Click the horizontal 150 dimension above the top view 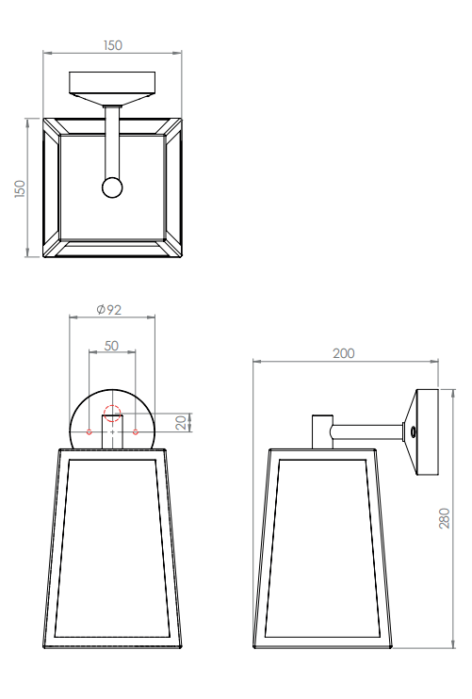tap(112, 45)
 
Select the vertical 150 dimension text tap(20, 188)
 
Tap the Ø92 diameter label tap(110, 309)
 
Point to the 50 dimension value tap(111, 346)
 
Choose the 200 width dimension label tap(344, 353)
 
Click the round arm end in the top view tap(112, 187)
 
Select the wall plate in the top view tap(112, 84)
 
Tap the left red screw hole tap(89, 432)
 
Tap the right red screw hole tap(136, 432)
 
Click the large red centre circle tap(112, 413)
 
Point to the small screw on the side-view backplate tap(413, 432)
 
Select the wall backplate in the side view tap(424, 432)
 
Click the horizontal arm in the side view tap(367, 432)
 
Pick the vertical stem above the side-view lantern tap(321, 431)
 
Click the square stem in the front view tap(112, 432)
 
